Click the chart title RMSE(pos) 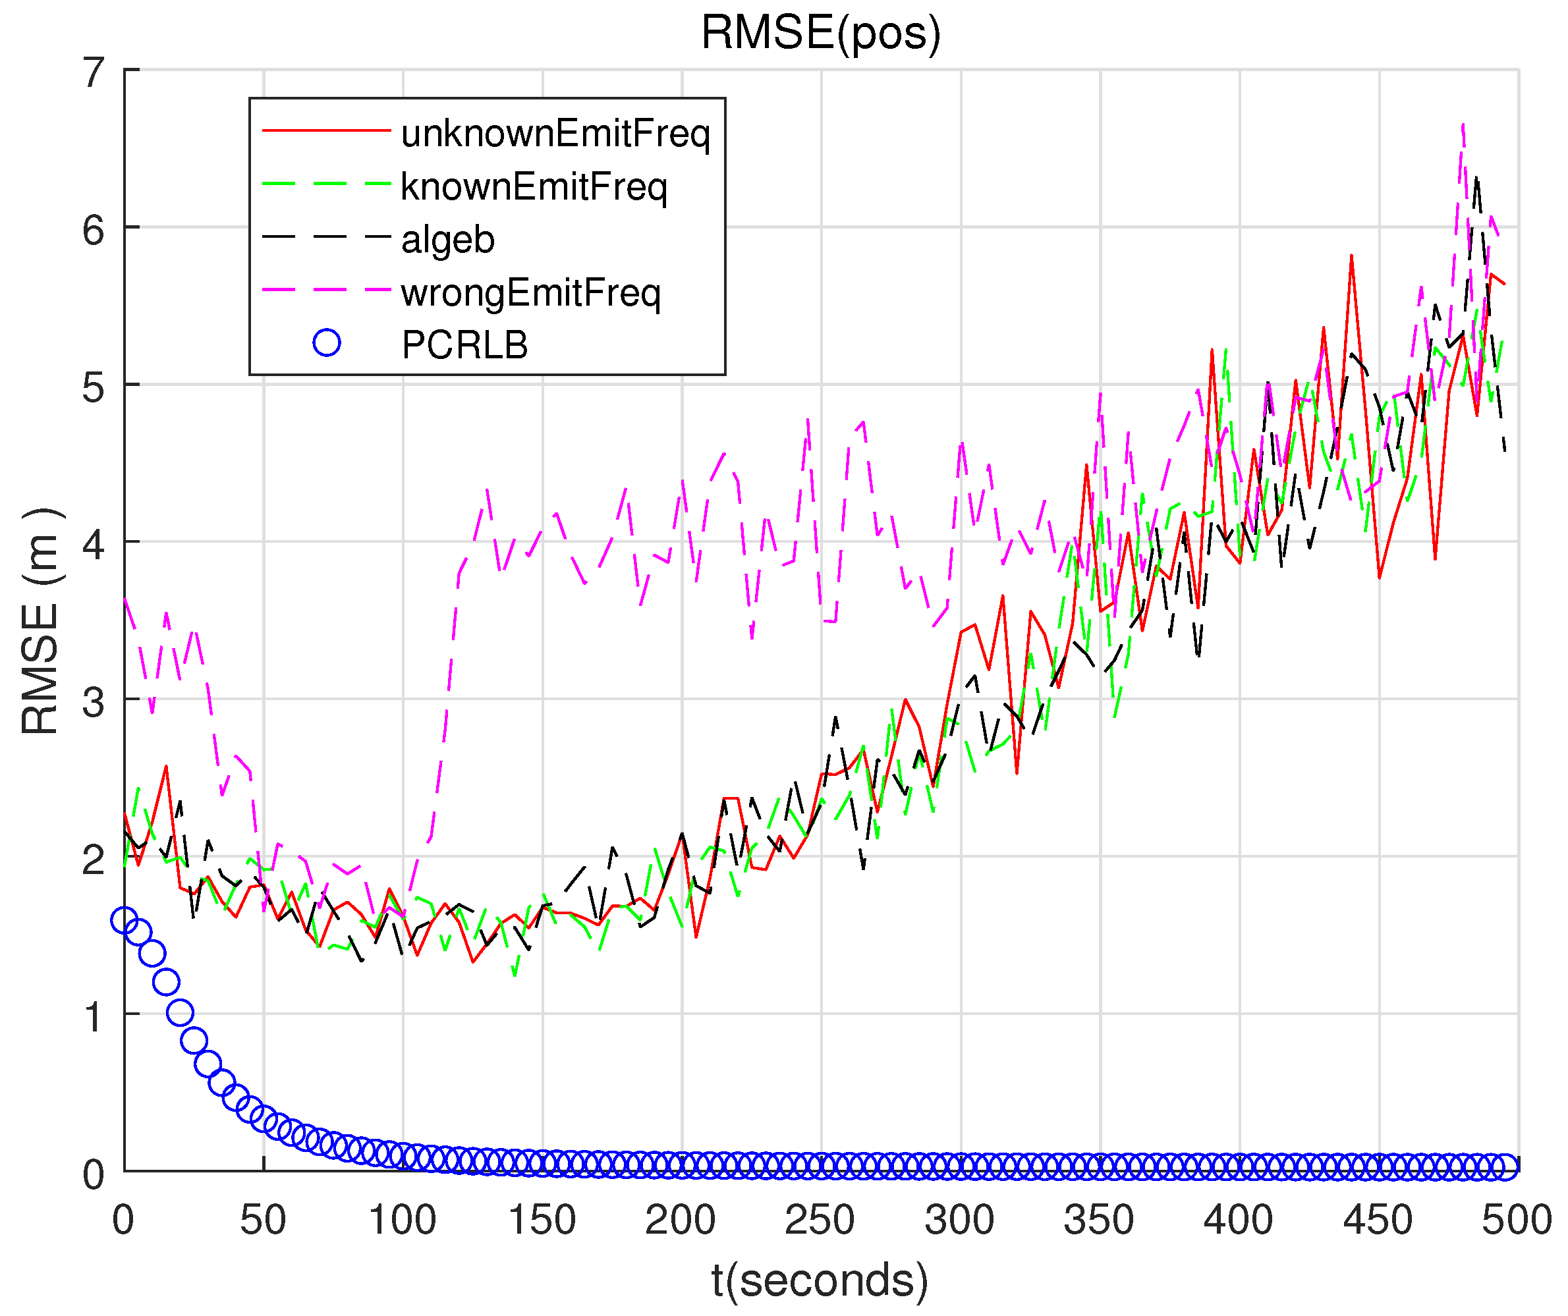(821, 33)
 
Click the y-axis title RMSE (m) (40, 622)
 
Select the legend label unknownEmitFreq (555, 134)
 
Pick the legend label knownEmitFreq (534, 186)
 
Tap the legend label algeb (448, 240)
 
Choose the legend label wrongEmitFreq (531, 292)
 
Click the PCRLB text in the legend (464, 345)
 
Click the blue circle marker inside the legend (327, 343)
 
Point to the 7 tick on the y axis (94, 72)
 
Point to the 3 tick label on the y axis (94, 702)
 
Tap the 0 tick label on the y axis (94, 1175)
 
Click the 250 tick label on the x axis (820, 1220)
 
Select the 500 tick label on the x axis (1516, 1220)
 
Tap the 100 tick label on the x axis (403, 1220)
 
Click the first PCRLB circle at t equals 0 (124, 920)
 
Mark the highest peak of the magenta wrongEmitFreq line (1463, 124)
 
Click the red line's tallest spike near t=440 (1351, 256)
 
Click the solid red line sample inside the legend (327, 130)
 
